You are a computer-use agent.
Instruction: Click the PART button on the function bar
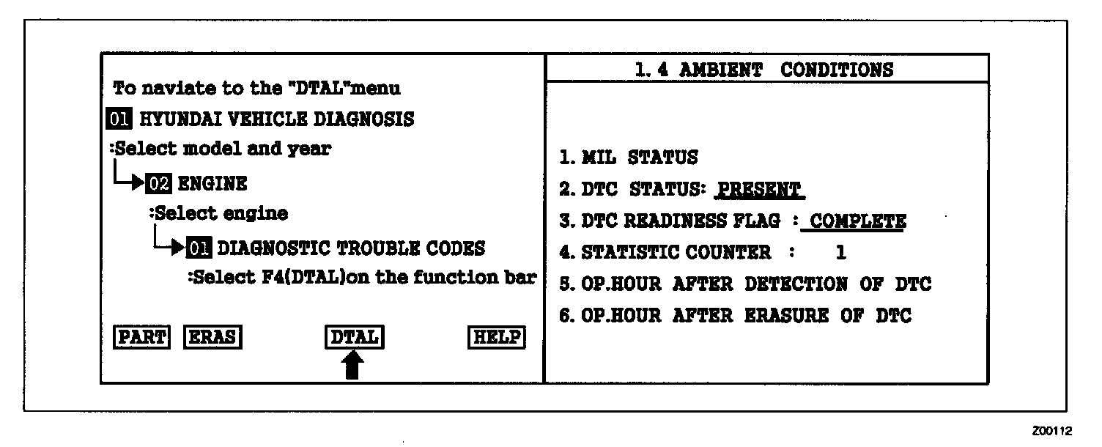click(x=142, y=337)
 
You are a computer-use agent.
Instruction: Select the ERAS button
click(x=212, y=337)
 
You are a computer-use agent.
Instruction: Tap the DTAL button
click(x=355, y=337)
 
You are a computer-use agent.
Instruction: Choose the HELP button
click(x=497, y=337)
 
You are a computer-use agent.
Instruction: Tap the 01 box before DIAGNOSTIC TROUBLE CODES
click(x=199, y=248)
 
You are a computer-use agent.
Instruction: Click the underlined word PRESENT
click(x=758, y=189)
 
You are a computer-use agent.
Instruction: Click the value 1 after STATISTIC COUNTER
click(x=840, y=253)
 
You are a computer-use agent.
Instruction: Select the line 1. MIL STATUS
click(x=628, y=157)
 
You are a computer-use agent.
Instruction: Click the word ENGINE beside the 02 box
click(x=212, y=182)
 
